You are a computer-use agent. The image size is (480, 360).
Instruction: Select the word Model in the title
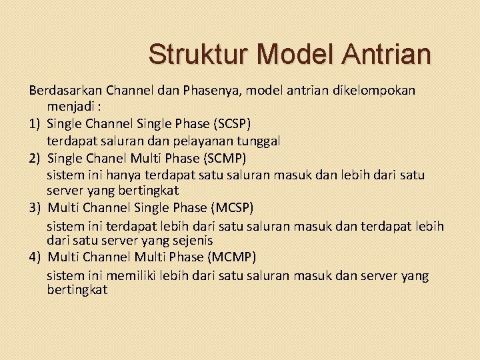pos(294,54)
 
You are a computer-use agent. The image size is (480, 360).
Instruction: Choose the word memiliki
pos(129,275)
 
